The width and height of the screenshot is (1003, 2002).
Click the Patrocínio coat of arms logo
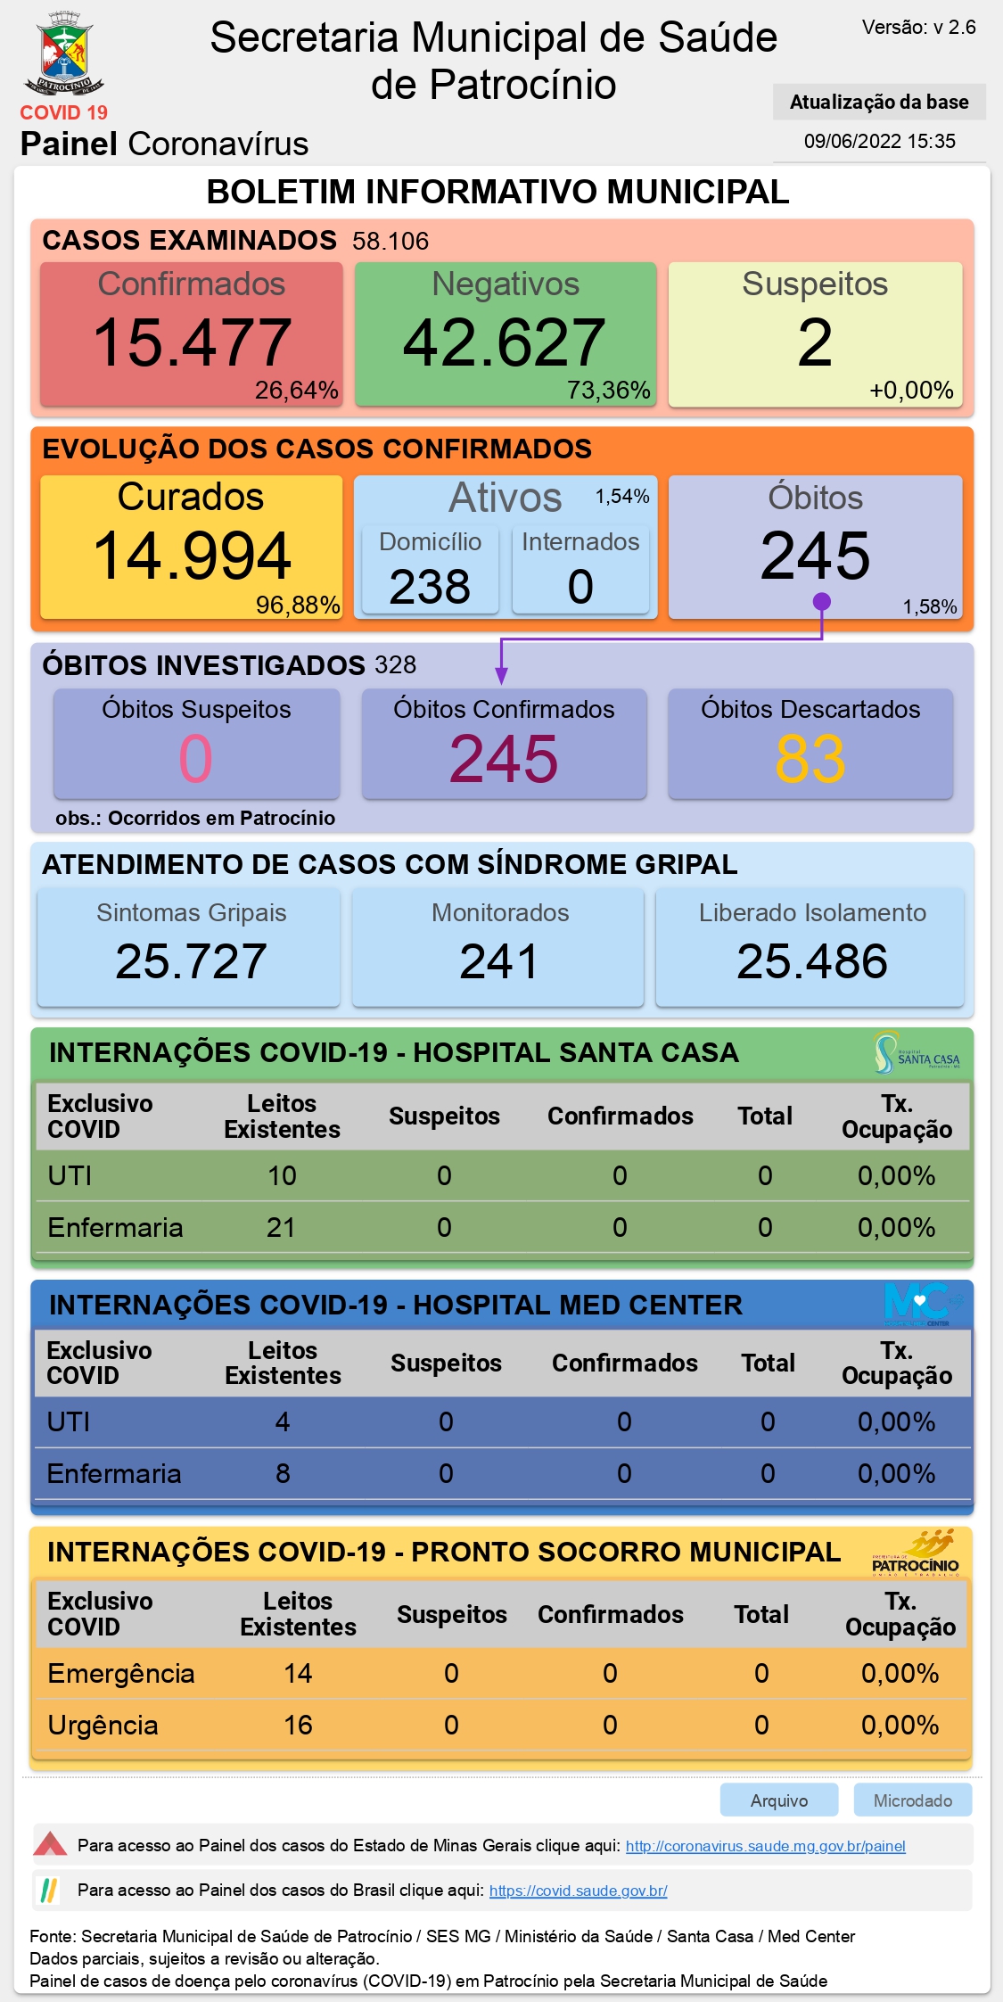click(x=64, y=54)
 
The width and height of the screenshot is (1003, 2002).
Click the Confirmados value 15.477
click(x=192, y=342)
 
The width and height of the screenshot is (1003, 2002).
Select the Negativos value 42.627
click(x=505, y=342)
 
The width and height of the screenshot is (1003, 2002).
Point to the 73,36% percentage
click(x=609, y=391)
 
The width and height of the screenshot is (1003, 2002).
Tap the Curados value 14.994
click(x=192, y=556)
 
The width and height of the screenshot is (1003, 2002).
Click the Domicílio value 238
click(x=430, y=587)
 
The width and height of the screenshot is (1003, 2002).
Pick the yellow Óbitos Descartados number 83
click(x=810, y=759)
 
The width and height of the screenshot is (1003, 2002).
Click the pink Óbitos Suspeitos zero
click(x=196, y=759)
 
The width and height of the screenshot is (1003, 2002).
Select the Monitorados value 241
click(x=499, y=961)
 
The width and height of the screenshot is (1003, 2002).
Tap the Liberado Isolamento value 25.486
click(x=812, y=961)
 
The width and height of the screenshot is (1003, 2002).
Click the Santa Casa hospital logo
click(x=917, y=1053)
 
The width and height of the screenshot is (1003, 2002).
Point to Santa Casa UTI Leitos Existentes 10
click(x=282, y=1175)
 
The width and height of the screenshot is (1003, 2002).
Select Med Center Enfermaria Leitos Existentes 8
click(x=283, y=1473)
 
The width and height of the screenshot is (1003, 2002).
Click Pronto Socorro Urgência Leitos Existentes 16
click(x=298, y=1725)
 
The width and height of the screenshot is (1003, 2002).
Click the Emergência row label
click(x=121, y=1674)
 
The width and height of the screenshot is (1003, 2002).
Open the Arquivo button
click(x=779, y=1800)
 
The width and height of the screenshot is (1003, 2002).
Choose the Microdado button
click(x=913, y=1800)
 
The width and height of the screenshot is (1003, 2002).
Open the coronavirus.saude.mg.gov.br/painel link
click(x=766, y=1846)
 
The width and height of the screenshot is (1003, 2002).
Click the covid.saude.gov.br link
click(x=579, y=1891)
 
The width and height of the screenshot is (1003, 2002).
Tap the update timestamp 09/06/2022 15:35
click(x=880, y=141)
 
